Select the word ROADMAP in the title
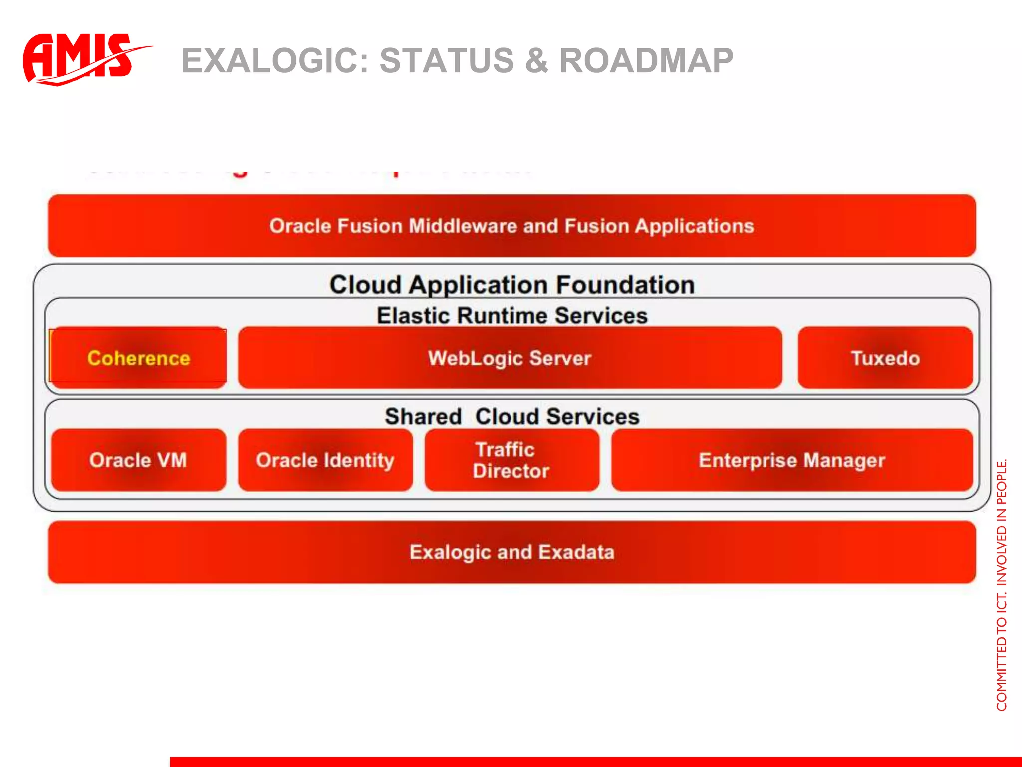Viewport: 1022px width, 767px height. click(646, 61)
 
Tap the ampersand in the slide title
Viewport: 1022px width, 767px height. click(536, 61)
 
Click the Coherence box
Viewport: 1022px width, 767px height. click(138, 358)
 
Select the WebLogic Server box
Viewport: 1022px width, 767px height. click(510, 358)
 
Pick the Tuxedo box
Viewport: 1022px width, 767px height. click(885, 358)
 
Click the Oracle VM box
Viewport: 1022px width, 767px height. click(138, 460)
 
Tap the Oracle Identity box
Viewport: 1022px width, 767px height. click(325, 460)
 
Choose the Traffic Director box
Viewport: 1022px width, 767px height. click(511, 460)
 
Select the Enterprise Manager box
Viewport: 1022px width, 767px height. click(791, 460)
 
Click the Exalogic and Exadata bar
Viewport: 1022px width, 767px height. click(511, 552)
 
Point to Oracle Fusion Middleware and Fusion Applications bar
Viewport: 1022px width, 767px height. click(511, 226)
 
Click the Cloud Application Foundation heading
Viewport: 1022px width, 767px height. click(511, 285)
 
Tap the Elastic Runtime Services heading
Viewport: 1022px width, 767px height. click(511, 316)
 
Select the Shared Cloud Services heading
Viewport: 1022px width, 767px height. click(511, 416)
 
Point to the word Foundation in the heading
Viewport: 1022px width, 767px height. click(625, 285)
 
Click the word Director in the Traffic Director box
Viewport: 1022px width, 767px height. click(511, 471)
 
